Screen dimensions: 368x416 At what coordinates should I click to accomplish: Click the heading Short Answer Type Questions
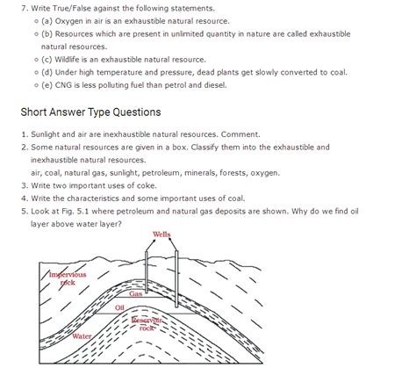click(x=90, y=112)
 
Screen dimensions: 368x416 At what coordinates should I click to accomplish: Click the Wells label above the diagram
click(x=161, y=235)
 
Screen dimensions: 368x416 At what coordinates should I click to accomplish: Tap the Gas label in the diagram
click(x=136, y=293)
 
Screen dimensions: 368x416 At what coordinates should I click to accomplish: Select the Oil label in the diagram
click(x=120, y=308)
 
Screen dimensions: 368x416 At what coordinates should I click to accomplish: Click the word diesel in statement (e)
click(x=213, y=85)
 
